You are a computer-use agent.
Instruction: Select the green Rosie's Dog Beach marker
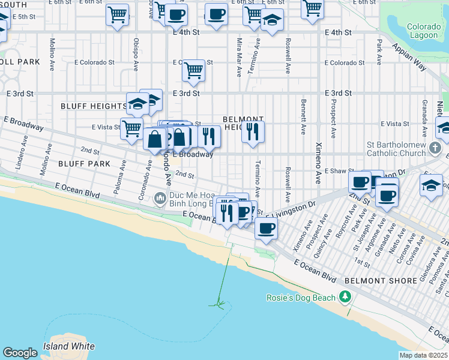345,297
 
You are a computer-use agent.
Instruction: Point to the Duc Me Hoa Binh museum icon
160,197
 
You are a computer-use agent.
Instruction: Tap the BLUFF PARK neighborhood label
84,163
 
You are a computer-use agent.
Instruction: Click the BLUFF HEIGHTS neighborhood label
93,106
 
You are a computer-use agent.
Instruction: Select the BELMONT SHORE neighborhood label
381,281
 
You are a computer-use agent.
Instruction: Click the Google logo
20,353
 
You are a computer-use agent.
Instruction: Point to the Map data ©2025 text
423,355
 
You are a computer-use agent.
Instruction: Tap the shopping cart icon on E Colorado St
193,70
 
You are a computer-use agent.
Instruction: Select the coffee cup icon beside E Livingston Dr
266,227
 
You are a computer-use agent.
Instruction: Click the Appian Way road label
409,58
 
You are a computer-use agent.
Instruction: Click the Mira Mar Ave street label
239,58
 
